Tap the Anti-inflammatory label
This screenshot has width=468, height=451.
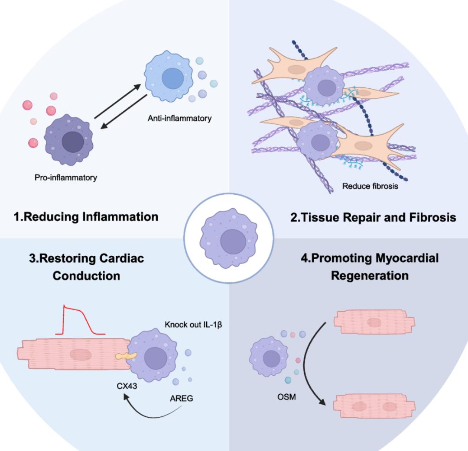click(179, 119)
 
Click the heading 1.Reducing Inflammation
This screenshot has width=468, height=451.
click(85, 217)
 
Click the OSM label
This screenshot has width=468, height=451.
click(286, 396)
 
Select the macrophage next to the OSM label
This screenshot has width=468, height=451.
click(269, 357)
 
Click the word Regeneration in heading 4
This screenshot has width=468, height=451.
click(370, 275)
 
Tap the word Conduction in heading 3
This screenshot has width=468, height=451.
click(86, 275)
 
